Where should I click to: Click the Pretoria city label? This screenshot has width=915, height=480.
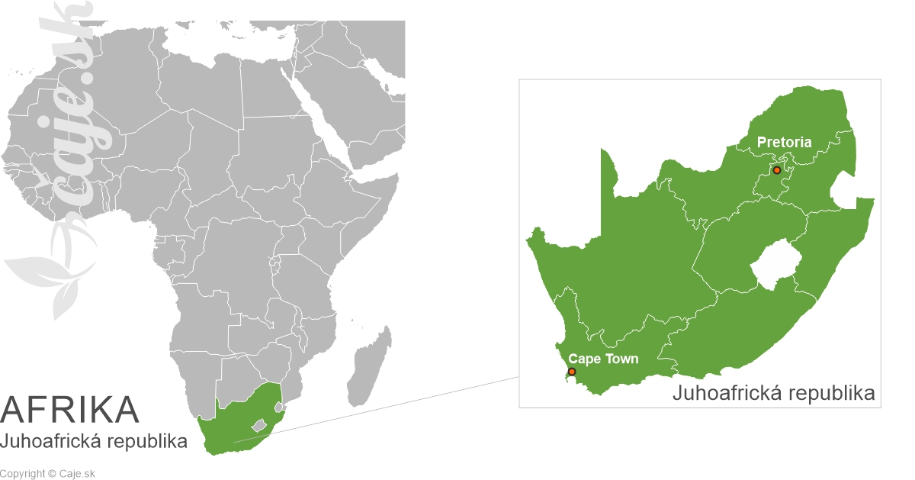tap(784, 142)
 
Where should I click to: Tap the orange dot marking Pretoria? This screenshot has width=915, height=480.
tap(776, 170)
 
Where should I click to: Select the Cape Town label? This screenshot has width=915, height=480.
tap(604, 359)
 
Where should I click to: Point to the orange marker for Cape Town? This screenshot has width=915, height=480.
tap(572, 372)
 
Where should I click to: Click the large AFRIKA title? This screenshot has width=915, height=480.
tap(70, 410)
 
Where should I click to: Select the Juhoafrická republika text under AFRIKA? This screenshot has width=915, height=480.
tap(94, 441)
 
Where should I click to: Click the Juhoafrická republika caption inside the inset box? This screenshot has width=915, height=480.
tap(773, 394)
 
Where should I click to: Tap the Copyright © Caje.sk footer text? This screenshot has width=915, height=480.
tap(47, 474)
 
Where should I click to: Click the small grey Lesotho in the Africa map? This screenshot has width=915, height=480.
tap(259, 424)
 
